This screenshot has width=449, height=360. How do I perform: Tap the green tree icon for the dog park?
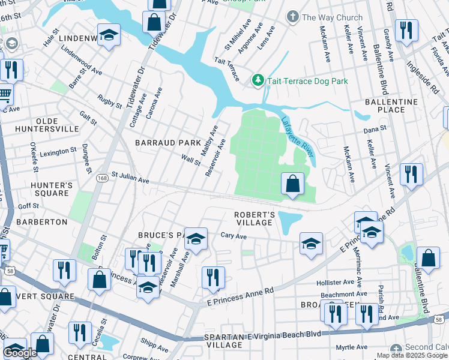[258, 80]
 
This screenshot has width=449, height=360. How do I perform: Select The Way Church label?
[332, 17]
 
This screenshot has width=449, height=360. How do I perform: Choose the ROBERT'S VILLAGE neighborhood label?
[255, 218]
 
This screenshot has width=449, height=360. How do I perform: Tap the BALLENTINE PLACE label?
[391, 106]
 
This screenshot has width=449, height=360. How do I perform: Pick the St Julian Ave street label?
[130, 179]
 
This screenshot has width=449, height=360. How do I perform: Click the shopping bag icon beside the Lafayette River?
[292, 184]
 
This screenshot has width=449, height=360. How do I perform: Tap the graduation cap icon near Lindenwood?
[109, 35]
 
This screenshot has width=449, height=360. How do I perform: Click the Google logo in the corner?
[20, 353]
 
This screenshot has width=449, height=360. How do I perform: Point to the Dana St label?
[375, 129]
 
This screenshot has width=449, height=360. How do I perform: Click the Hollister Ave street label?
[335, 282]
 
